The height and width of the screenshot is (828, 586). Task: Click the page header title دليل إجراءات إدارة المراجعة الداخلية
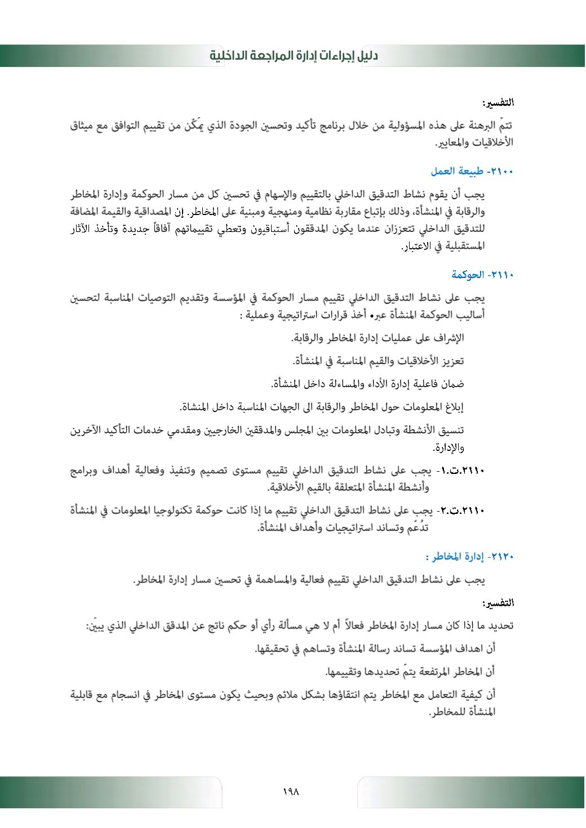294,56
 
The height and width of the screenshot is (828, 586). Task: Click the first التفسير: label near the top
498,103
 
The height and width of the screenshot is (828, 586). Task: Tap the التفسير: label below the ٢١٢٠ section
498,603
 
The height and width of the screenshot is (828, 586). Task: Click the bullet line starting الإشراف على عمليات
378,338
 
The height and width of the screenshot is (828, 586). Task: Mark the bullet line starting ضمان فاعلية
367,384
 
